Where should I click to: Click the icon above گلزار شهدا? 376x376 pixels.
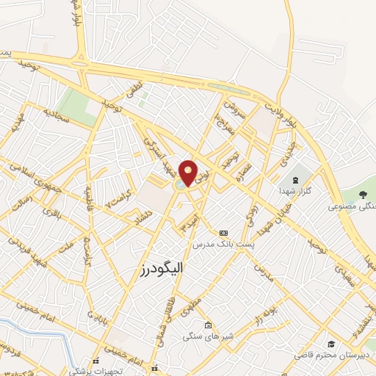coord(295,179)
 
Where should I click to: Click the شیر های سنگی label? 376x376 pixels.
coord(208,336)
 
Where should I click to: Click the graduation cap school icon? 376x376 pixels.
coord(331,344)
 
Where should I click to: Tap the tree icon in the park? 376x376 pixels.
coord(364,195)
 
